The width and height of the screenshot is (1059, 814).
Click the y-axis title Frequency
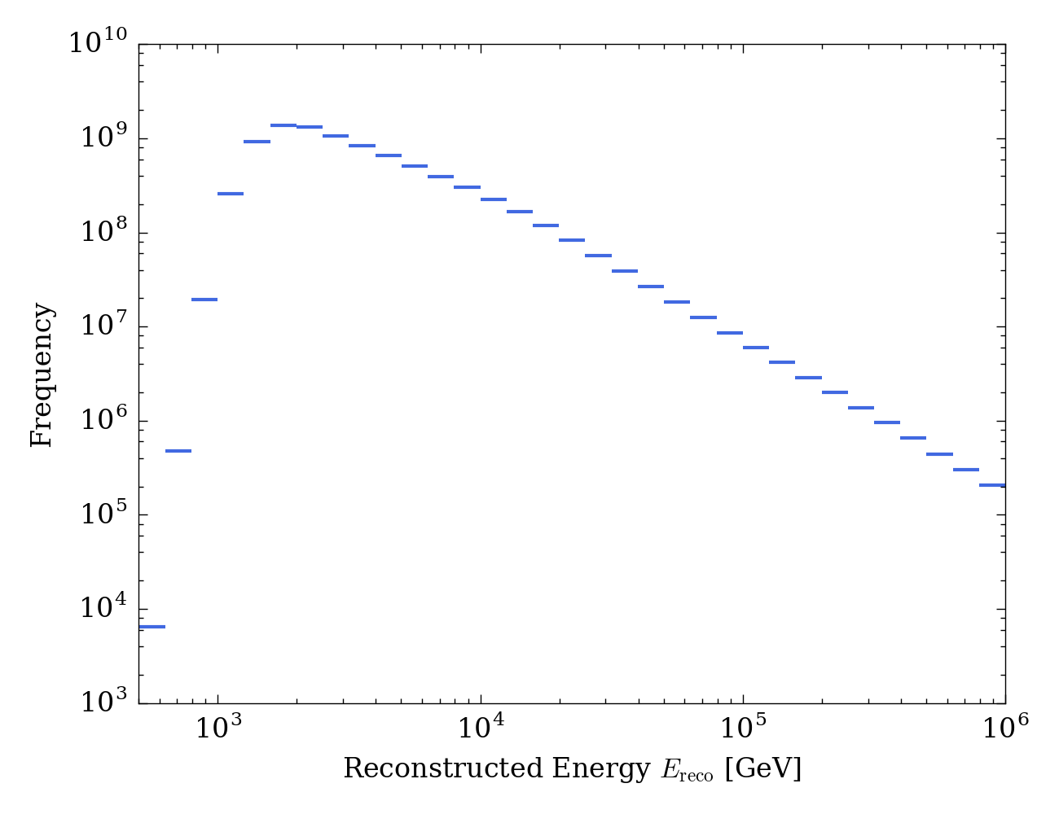pos(42,374)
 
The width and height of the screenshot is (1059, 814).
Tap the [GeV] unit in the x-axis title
pos(762,768)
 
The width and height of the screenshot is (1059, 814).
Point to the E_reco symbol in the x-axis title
pos(688,770)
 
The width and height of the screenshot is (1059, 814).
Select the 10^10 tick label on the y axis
pos(97,43)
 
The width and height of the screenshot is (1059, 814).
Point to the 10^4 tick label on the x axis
pos(481,727)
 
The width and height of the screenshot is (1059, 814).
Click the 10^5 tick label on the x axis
pos(743,727)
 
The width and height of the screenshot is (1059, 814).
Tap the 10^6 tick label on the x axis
pos(1004,727)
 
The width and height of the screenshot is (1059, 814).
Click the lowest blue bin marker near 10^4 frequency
pos(152,627)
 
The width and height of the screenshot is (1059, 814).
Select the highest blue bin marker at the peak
pos(283,125)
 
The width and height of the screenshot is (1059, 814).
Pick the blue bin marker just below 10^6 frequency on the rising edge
pos(178,451)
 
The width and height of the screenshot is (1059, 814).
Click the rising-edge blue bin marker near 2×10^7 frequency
pos(204,300)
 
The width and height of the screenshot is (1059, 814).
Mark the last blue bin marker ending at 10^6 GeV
pos(991,485)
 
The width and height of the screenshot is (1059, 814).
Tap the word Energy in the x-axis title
pos(600,768)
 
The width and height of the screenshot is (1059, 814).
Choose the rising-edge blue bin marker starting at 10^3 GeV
pos(231,194)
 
